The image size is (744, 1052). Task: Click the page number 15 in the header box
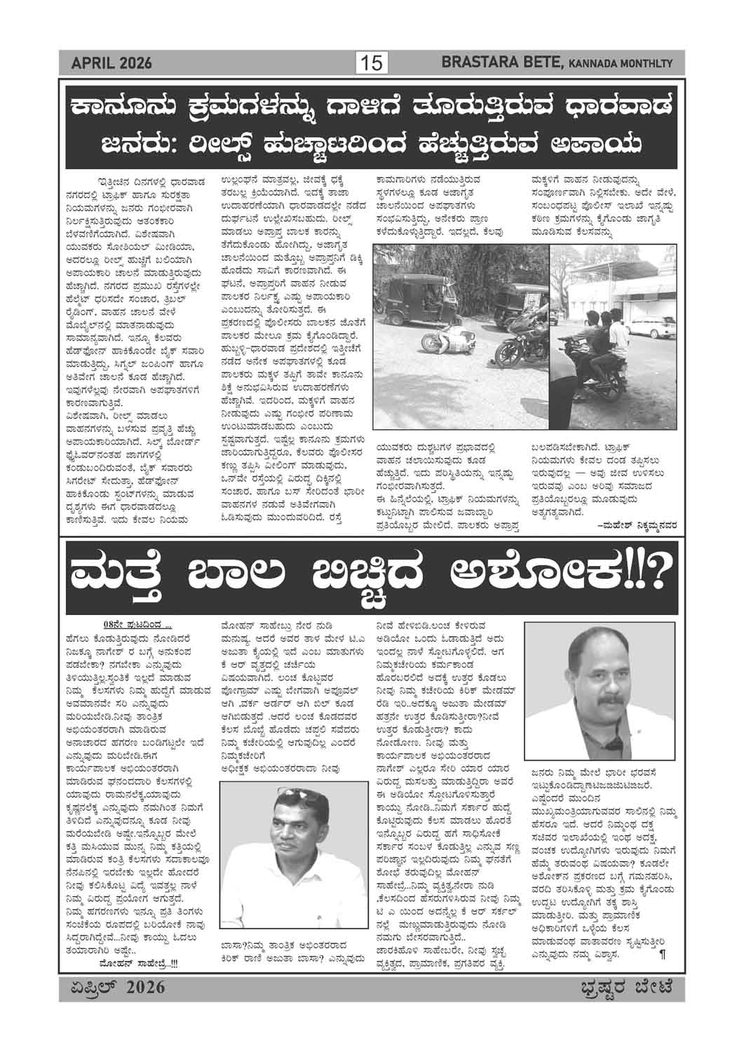click(372, 64)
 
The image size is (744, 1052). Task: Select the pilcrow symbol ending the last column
click(661, 954)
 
